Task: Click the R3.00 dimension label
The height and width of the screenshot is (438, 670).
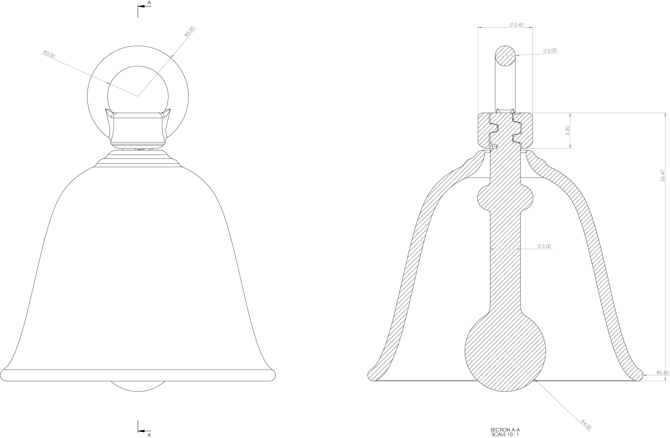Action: coord(49,54)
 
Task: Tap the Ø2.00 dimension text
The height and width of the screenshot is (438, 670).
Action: coord(550,51)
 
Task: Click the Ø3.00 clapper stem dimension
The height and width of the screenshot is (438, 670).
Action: coord(544,246)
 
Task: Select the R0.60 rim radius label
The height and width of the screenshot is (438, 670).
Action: coord(662,373)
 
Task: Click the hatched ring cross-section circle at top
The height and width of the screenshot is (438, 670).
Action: coord(505,56)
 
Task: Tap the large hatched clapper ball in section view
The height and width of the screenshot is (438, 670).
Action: coord(505,351)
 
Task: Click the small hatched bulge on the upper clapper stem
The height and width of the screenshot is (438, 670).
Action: coord(505,197)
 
